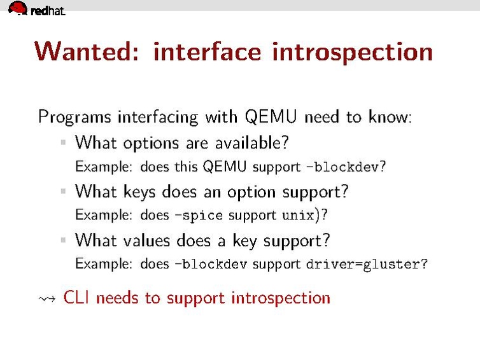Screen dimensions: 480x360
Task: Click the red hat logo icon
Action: pyautogui.click(x=18, y=8)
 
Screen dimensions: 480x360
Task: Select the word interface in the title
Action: pyautogui.click(x=208, y=51)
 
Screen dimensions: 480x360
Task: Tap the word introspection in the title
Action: pyautogui.click(x=352, y=53)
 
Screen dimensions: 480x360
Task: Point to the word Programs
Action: pyautogui.click(x=74, y=118)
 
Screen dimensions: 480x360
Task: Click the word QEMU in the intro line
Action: pyautogui.click(x=271, y=116)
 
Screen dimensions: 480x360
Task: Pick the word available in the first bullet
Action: pyautogui.click(x=252, y=142)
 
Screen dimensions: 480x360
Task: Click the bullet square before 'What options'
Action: pyautogui.click(x=64, y=142)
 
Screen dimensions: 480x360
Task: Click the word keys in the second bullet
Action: pyautogui.click(x=139, y=192)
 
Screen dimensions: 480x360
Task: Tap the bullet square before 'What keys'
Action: pyautogui.click(x=64, y=191)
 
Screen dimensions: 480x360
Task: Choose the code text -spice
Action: pyautogui.click(x=199, y=216)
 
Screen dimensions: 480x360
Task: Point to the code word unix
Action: pyautogui.click(x=298, y=216)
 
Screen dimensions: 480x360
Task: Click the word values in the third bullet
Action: pyautogui.click(x=146, y=240)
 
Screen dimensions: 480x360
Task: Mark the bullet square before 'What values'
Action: pyautogui.click(x=64, y=240)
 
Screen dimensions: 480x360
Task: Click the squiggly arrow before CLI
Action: pyautogui.click(x=47, y=298)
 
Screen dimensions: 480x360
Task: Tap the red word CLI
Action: pyautogui.click(x=76, y=297)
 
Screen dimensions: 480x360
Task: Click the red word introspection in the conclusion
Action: pyautogui.click(x=281, y=298)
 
